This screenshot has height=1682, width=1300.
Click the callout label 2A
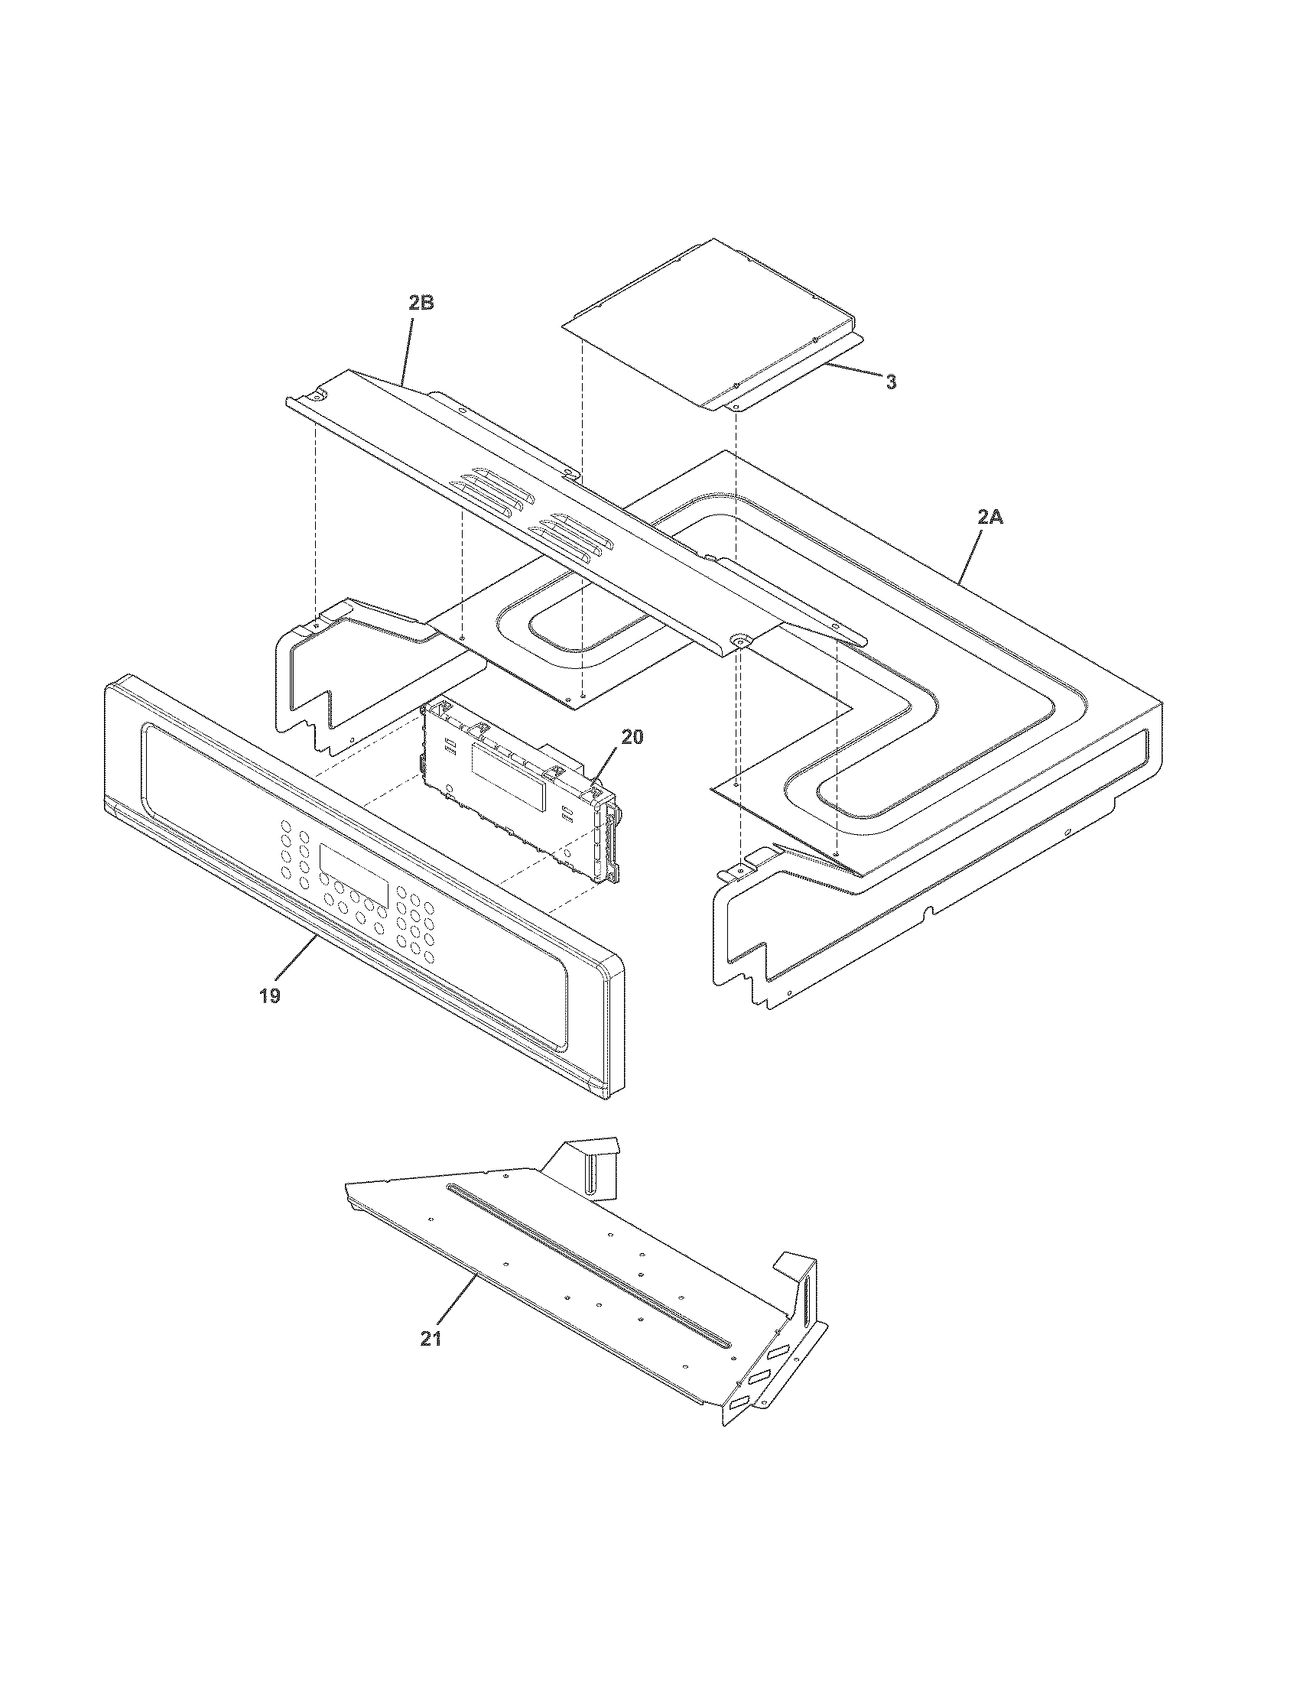(x=990, y=518)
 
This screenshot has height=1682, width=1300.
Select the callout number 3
(x=890, y=383)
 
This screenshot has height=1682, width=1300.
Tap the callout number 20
(x=632, y=737)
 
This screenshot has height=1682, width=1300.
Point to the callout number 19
(x=269, y=995)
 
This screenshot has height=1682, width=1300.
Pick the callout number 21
(x=431, y=1339)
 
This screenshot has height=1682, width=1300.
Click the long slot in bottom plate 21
(x=585, y=1263)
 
